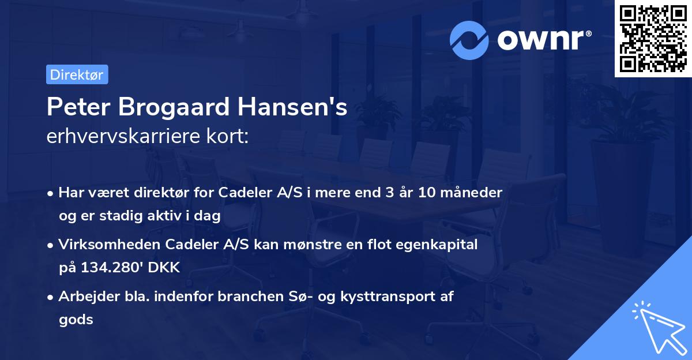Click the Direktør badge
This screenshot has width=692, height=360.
[77, 74]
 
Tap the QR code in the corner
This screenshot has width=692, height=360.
[653, 39]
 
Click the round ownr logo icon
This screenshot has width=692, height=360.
[469, 40]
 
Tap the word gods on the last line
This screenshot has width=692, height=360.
[76, 320]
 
